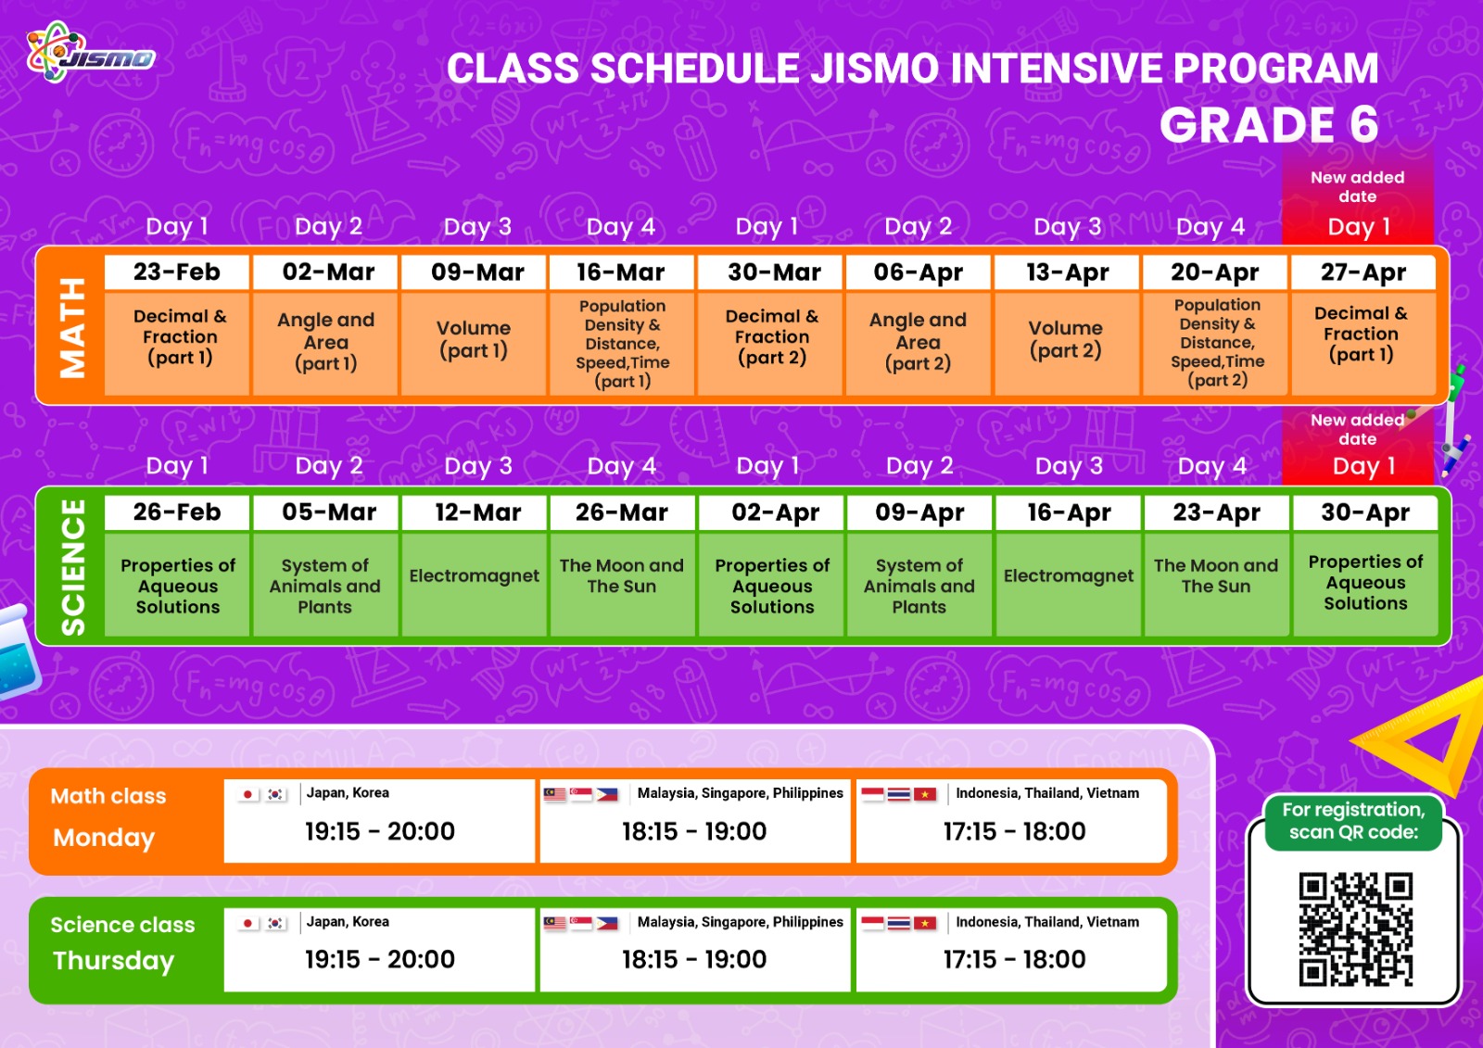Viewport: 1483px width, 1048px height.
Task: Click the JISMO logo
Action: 91,53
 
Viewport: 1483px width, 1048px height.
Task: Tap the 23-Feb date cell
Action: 177,272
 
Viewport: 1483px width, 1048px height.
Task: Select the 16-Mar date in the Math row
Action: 621,272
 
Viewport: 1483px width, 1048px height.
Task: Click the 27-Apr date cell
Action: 1363,272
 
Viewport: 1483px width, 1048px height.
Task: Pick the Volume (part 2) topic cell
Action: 1066,344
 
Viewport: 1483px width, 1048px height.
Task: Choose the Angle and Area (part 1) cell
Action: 325,344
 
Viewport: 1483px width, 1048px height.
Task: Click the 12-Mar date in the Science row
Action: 477,512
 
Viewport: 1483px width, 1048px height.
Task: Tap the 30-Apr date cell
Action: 1365,512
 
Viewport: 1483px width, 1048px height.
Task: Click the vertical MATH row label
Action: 72,328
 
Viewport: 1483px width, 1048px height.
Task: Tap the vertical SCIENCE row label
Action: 73,567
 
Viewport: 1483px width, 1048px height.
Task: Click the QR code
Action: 1355,929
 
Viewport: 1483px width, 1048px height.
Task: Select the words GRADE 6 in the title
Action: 1269,124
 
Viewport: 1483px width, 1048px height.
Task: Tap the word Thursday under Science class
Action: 113,961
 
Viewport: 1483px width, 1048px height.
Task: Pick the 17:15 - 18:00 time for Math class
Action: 1014,831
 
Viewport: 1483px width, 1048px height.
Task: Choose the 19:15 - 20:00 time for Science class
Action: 380,959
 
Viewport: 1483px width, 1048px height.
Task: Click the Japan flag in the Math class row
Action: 247,794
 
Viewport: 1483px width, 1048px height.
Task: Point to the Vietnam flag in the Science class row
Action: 925,923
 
